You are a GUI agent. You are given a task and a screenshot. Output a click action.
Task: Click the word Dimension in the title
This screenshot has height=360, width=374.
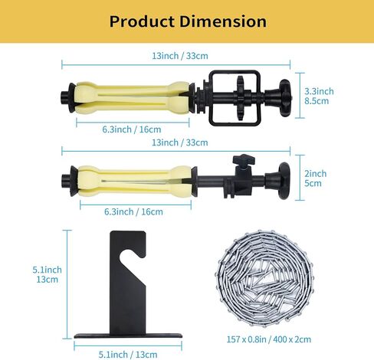pos(225,21)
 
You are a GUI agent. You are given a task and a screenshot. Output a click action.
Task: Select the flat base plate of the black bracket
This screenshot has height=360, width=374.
pos(127,337)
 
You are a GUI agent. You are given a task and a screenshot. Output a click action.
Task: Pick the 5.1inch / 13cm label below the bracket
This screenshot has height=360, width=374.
pos(127,354)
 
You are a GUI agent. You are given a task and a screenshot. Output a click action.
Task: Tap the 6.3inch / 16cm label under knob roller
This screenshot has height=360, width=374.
pos(131,211)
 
